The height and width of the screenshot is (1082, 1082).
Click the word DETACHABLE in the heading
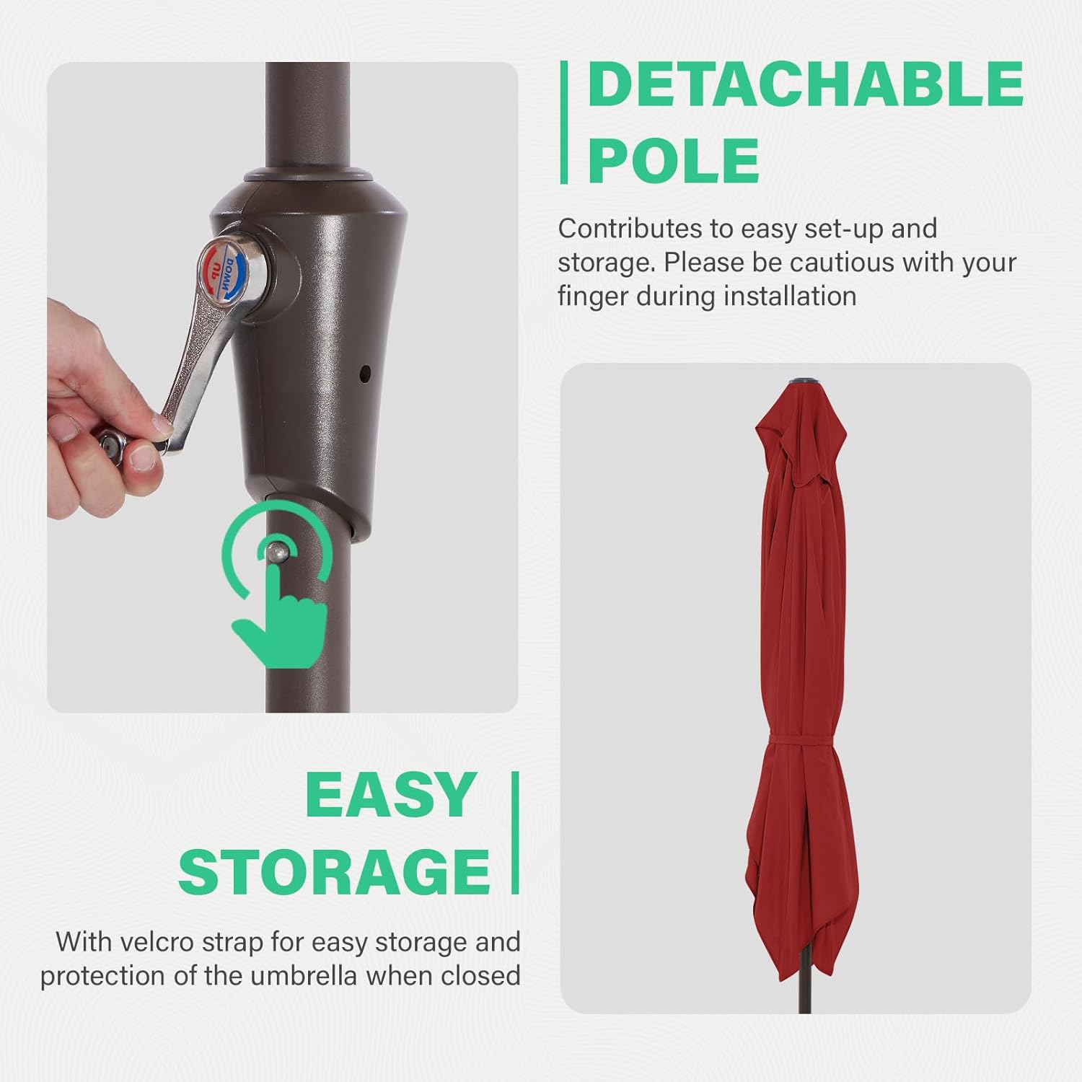click(x=806, y=84)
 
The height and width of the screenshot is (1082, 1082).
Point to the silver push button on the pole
click(x=275, y=553)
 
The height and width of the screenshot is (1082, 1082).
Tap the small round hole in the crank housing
click(x=364, y=374)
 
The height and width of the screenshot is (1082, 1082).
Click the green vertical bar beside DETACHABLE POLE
click(x=563, y=122)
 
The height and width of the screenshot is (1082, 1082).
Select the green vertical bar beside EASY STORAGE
click(x=515, y=833)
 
